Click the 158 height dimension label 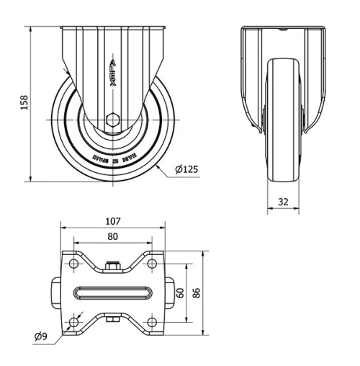click(23, 103)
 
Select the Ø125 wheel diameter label click(186, 170)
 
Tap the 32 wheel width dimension click(282, 202)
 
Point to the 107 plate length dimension click(112, 221)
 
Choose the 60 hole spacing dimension click(181, 293)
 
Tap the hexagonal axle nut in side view click(112, 120)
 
